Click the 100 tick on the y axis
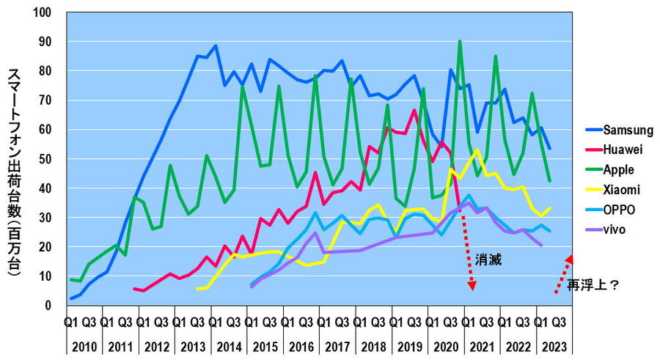click(48, 13)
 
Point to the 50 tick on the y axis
click(51, 159)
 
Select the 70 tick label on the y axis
click(51, 100)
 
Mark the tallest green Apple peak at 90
click(459, 42)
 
